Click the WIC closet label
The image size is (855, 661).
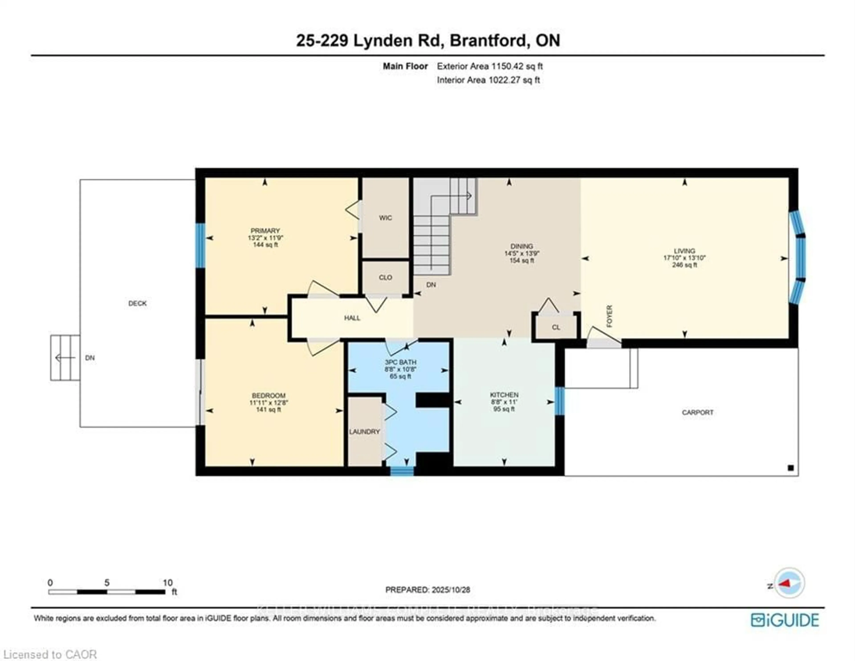[x=385, y=218]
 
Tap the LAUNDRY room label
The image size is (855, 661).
[x=364, y=432]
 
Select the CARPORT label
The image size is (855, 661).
[x=697, y=412]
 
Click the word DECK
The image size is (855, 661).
[x=137, y=303]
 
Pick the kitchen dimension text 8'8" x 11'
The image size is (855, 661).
[x=504, y=402]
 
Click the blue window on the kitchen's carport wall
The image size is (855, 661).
[x=560, y=401]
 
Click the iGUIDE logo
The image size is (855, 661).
[x=785, y=620]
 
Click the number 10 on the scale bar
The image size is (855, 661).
[x=168, y=582]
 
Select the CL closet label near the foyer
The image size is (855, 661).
[x=556, y=327]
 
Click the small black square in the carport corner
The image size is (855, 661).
[x=790, y=468]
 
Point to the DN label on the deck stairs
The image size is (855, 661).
[x=90, y=358]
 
